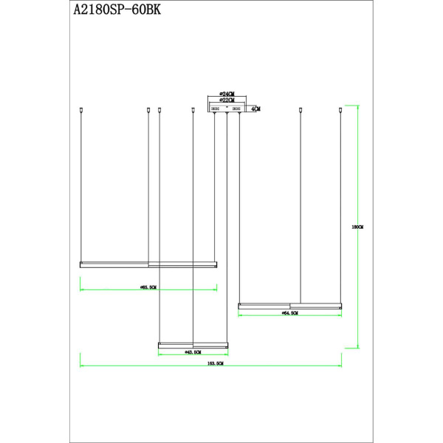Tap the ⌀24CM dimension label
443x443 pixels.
(227, 95)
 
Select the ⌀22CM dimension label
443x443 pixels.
(227, 101)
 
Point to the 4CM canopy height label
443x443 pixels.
(255, 109)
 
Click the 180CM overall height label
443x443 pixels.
(358, 227)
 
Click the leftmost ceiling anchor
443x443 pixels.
(80, 111)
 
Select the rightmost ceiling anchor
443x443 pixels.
(341, 111)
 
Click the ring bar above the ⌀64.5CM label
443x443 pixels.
(289, 304)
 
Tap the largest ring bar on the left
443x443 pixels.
(148, 263)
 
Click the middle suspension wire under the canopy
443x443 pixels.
(227, 221)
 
